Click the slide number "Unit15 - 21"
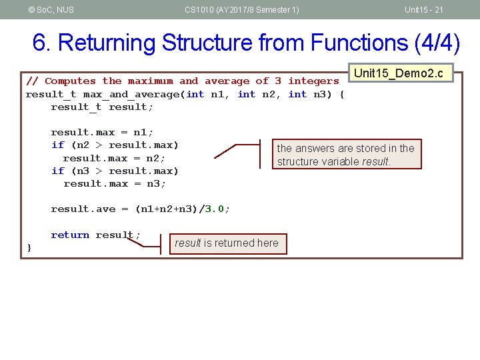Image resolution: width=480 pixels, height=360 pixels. [x=424, y=9]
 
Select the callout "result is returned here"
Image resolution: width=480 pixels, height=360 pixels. [x=227, y=243]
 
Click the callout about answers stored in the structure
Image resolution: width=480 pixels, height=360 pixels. [x=346, y=155]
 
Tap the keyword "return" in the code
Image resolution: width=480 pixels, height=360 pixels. [x=70, y=235]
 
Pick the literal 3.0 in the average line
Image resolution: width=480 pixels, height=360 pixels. [x=214, y=209]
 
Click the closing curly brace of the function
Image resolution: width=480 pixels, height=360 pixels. [x=29, y=247]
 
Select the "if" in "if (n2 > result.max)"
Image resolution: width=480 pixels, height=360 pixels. [x=57, y=145]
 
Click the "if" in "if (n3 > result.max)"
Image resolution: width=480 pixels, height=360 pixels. [x=57, y=171]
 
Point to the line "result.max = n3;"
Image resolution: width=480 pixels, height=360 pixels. [x=115, y=183]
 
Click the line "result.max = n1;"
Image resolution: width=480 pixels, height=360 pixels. [x=102, y=132]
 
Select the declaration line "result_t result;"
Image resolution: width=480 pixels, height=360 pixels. [x=102, y=107]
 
